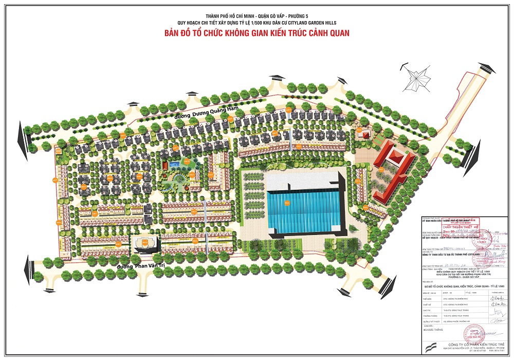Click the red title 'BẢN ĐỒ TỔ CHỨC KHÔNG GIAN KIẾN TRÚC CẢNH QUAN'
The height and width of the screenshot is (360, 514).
pyautogui.click(x=256, y=33)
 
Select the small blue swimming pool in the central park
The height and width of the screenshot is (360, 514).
pyautogui.click(x=174, y=165)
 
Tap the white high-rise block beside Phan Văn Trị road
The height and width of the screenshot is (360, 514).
pyautogui.click(x=145, y=244)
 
